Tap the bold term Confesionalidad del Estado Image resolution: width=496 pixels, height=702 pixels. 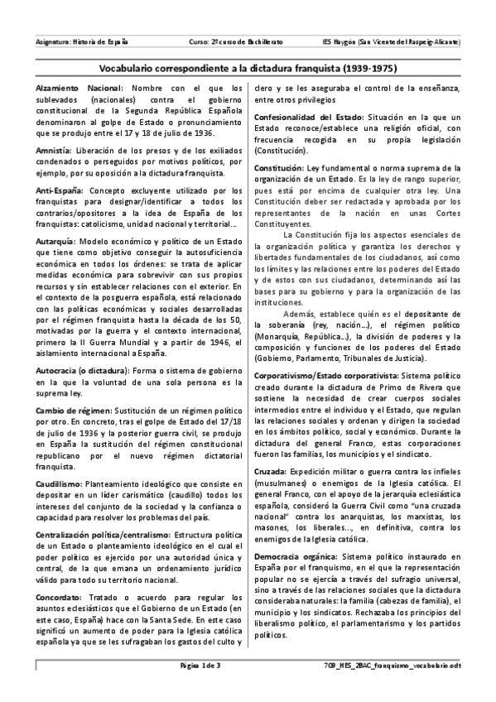[308, 118]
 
